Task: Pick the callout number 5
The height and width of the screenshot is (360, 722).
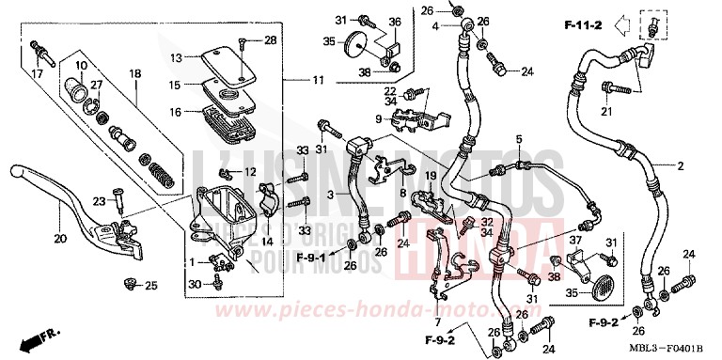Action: coord(518,140)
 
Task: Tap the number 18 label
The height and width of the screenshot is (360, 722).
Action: coord(134,73)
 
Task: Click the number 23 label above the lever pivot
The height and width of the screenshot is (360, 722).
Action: coord(99,199)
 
